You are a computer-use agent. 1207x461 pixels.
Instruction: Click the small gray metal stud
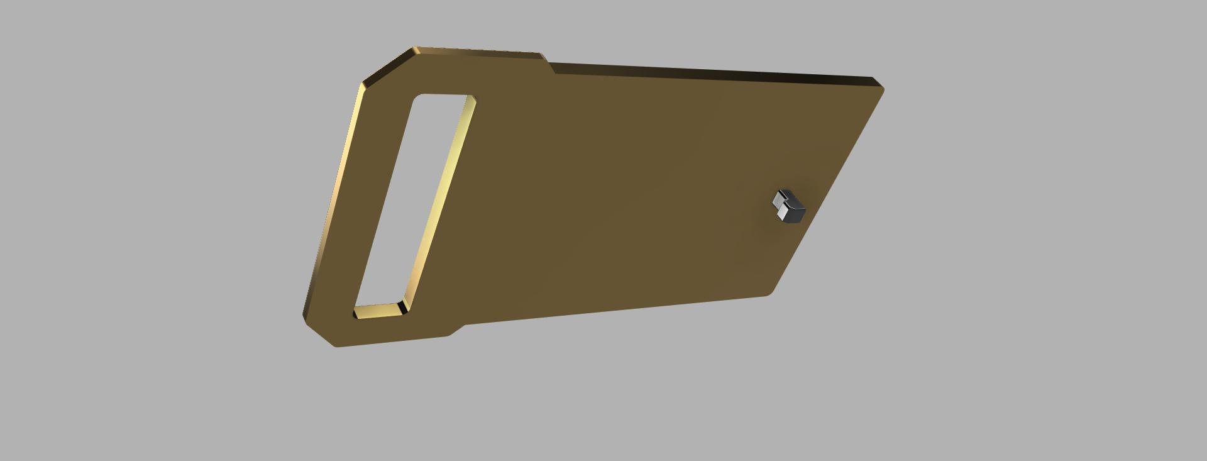(x=788, y=206)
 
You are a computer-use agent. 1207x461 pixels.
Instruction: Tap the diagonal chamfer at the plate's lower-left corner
(x=317, y=331)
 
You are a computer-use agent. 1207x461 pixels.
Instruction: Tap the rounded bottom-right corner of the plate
(x=768, y=291)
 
